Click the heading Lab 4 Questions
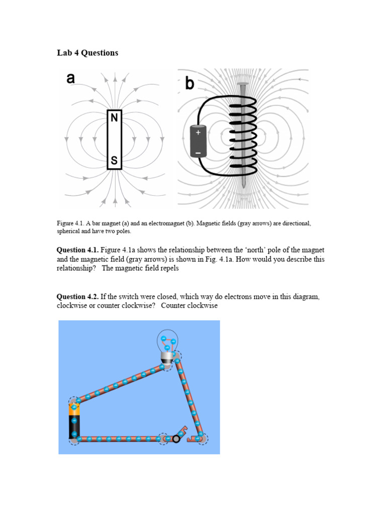coord(87,53)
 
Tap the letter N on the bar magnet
coord(114,118)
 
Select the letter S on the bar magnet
coord(114,161)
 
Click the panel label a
coord(70,79)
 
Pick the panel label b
coord(189,83)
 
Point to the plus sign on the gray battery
coord(198,133)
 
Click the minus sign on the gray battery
coord(198,152)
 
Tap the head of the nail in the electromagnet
coord(243,83)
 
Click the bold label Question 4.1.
coord(77,250)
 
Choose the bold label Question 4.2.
coord(77,297)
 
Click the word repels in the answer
coord(169,269)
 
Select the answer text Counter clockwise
coord(189,306)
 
